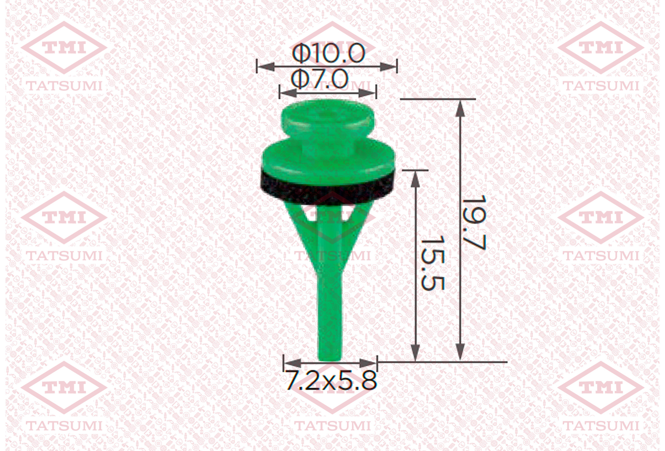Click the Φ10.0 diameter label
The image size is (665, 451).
[328, 53]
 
